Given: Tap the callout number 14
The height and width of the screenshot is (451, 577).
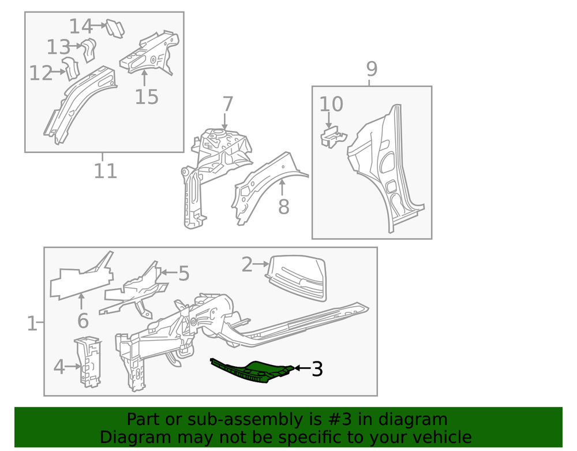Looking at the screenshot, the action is (81, 27).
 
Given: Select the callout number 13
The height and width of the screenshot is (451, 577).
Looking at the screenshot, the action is (58, 47).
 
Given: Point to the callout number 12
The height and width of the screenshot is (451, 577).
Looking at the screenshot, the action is (40, 73).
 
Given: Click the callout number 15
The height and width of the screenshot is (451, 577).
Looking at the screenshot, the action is (147, 97).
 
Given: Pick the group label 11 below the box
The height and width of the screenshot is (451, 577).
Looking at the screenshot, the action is (105, 171).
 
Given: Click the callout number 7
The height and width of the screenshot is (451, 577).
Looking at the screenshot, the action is (228, 104).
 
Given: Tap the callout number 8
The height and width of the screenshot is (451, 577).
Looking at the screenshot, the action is (283, 207).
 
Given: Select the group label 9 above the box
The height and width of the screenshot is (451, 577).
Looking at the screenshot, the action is (372, 69).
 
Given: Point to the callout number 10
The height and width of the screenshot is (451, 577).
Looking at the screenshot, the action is (331, 104).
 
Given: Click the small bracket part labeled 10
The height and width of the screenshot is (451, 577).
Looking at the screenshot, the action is (333, 137).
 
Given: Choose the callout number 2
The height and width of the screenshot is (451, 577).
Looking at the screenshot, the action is (247, 264).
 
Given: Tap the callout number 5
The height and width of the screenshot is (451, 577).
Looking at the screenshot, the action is (183, 274).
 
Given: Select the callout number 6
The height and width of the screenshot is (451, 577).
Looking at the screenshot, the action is (83, 320).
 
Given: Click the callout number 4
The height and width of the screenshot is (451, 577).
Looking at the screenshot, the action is (59, 367).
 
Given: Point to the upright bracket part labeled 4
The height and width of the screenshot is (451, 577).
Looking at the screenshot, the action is (88, 361).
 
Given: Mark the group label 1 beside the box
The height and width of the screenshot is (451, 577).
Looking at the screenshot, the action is (32, 323).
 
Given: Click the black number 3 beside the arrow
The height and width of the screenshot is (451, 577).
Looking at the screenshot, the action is (317, 369).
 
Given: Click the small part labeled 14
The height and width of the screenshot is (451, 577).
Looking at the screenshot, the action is (115, 28).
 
